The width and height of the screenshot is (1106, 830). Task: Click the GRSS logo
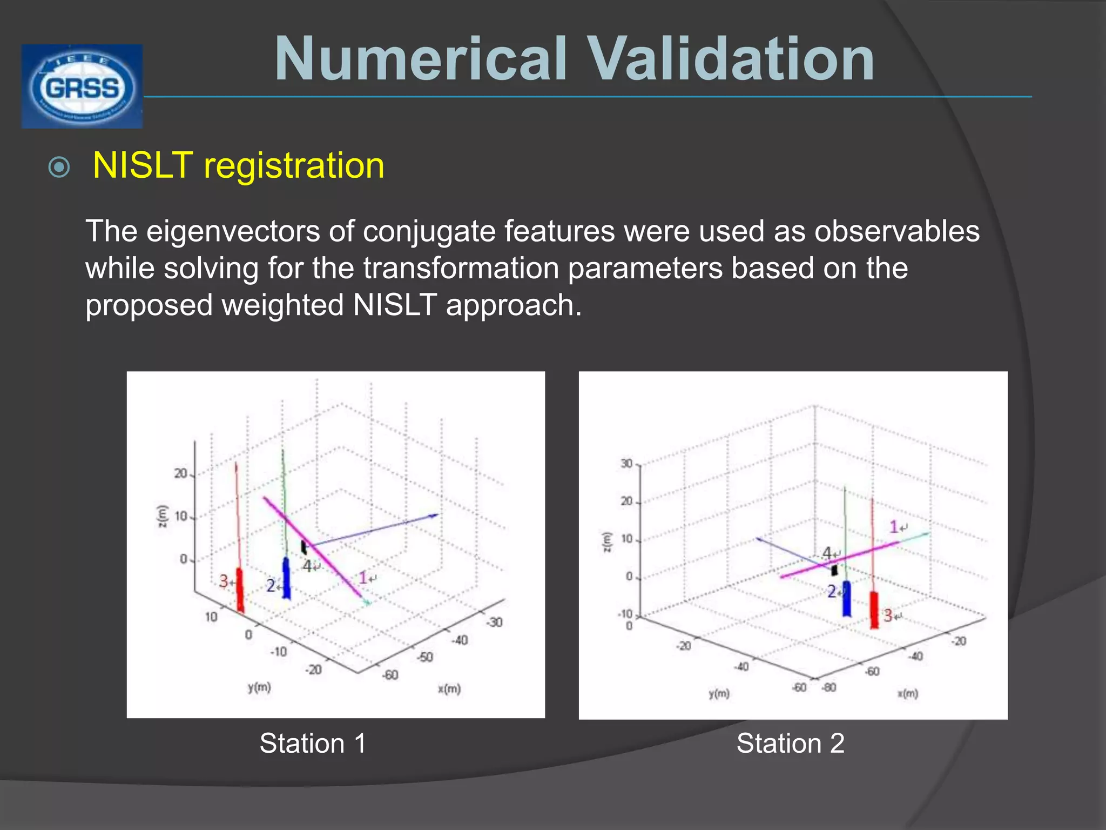pyautogui.click(x=82, y=86)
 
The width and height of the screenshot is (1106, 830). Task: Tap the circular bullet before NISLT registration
pyautogui.click(x=59, y=167)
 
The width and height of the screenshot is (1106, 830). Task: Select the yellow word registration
pyautogui.click(x=294, y=165)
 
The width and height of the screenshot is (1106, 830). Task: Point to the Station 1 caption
pyautogui.click(x=313, y=743)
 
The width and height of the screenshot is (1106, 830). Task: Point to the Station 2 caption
pyautogui.click(x=790, y=743)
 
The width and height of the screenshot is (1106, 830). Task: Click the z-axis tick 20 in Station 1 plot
pyautogui.click(x=180, y=474)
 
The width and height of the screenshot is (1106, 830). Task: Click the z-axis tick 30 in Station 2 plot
pyautogui.click(x=626, y=464)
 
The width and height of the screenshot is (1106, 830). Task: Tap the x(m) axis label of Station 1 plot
pyautogui.click(x=449, y=689)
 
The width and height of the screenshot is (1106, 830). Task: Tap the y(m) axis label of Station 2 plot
pyautogui.click(x=719, y=693)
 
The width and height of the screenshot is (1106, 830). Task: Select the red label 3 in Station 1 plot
pyautogui.click(x=224, y=581)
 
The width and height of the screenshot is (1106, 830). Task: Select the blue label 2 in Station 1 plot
pyautogui.click(x=271, y=586)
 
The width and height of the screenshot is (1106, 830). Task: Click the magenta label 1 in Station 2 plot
pyautogui.click(x=894, y=526)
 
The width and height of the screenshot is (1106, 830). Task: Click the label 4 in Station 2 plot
pyautogui.click(x=827, y=553)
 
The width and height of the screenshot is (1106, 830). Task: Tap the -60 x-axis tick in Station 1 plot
pyautogui.click(x=390, y=675)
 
